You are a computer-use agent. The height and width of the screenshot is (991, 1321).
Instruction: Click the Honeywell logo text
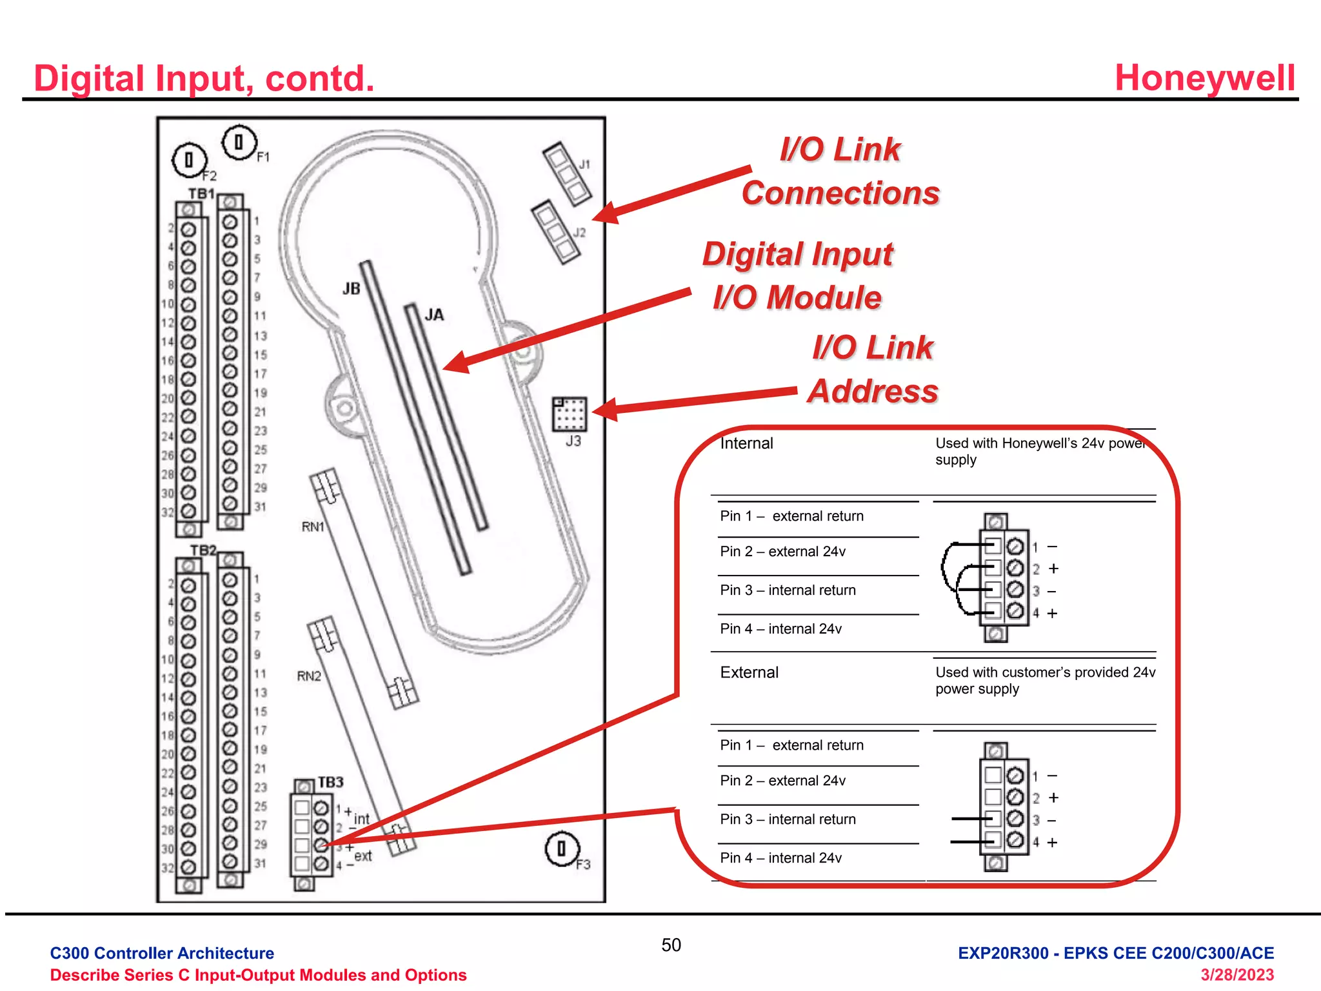point(1204,78)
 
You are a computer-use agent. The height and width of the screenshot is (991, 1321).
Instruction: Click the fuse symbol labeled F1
point(239,142)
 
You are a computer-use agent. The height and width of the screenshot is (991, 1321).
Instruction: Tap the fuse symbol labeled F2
point(189,159)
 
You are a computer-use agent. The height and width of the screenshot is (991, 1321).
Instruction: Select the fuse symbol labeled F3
point(562,848)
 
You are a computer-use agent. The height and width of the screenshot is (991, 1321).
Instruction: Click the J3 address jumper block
point(570,414)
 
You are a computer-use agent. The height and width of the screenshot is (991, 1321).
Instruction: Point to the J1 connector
point(567,173)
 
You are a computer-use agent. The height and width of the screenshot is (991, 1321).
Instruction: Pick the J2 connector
point(555,232)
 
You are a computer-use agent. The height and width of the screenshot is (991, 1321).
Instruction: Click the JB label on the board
point(352,288)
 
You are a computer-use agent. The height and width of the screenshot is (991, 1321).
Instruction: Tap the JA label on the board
point(434,315)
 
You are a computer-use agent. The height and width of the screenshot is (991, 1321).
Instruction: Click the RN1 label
point(313,527)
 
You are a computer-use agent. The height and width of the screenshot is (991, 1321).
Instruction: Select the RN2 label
point(309,676)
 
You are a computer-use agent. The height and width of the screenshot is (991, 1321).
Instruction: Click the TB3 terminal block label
point(330,782)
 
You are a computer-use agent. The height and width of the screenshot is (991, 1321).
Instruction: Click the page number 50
point(671,945)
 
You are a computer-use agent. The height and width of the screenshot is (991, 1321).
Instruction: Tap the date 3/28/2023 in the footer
point(1237,975)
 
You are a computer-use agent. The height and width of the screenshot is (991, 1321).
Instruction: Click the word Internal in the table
point(746,443)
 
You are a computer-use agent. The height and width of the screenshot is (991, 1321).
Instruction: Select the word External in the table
point(749,672)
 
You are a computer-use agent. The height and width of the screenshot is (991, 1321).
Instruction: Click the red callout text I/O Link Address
point(872,370)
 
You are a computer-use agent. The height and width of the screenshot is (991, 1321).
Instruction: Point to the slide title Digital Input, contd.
point(204,79)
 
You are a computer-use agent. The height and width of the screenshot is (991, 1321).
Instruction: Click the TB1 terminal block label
point(201,194)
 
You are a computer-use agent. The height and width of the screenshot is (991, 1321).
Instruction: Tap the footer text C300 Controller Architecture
point(162,953)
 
